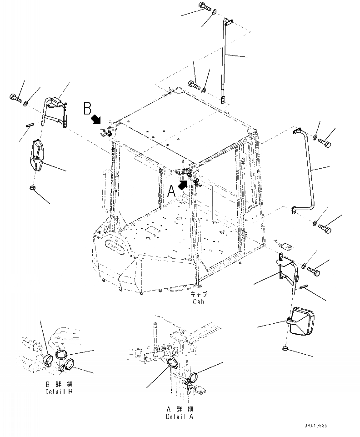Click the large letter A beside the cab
pos(171,191)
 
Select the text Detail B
pos(59,392)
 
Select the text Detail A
pos(179,417)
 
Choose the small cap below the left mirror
pos(33,188)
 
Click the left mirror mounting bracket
pos(55,111)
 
